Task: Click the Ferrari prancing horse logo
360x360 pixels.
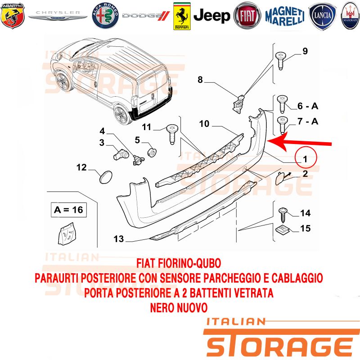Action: click(x=182, y=16)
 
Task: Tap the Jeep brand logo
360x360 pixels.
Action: click(x=211, y=16)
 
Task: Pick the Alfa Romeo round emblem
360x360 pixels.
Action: click(x=105, y=16)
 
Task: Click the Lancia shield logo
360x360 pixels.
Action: click(x=322, y=16)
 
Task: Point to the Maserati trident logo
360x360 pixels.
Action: click(x=351, y=16)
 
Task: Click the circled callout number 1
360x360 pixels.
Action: click(x=306, y=157)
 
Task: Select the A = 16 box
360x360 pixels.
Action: click(x=69, y=210)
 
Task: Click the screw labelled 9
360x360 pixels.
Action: click(x=280, y=60)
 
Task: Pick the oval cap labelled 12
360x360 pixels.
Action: click(x=106, y=177)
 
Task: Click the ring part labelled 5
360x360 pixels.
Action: click(x=152, y=152)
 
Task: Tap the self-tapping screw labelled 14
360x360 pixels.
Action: click(x=283, y=215)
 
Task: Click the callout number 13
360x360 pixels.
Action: click(x=119, y=239)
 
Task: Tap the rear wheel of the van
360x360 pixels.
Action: click(x=121, y=115)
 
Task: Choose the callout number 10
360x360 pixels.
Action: click(x=204, y=124)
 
